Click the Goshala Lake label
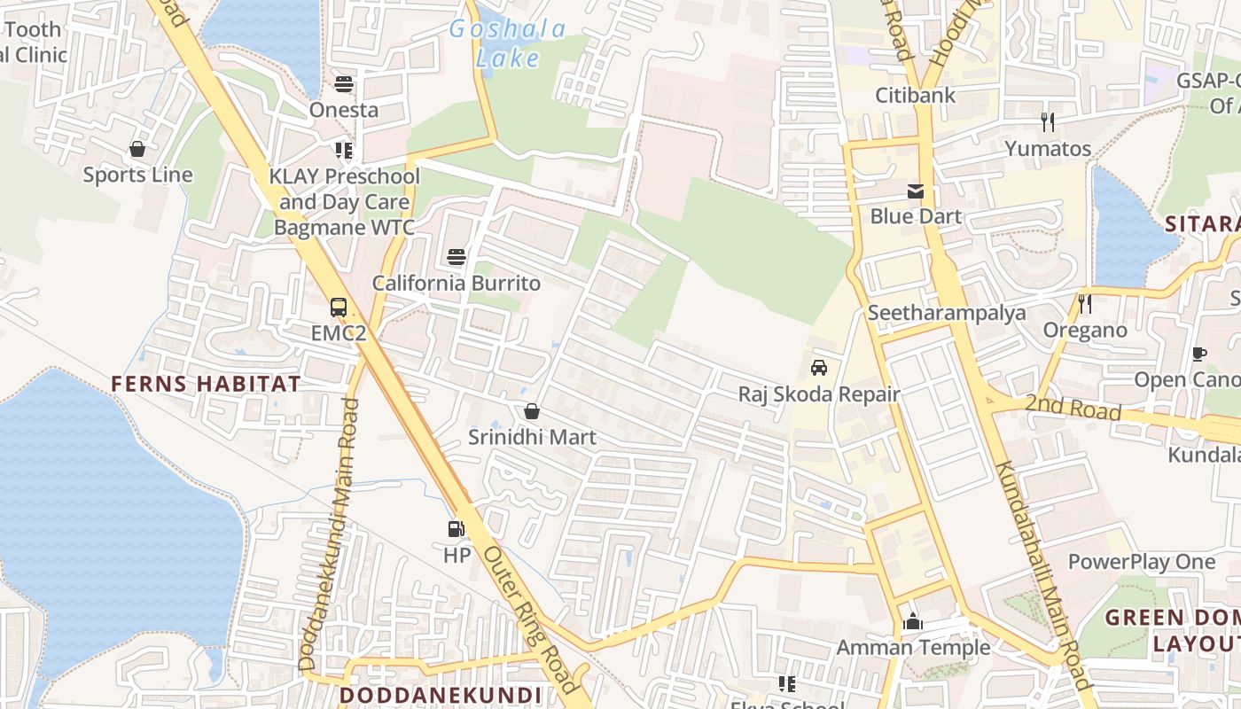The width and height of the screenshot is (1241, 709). pyautogui.click(x=507, y=43)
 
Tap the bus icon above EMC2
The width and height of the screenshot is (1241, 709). pyautogui.click(x=339, y=308)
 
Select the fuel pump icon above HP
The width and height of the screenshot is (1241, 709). pyautogui.click(x=457, y=529)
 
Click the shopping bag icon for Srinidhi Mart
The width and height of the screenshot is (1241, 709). pyautogui.click(x=532, y=411)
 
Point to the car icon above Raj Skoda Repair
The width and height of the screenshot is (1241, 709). pyautogui.click(x=819, y=368)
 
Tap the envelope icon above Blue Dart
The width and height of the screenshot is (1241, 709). pyautogui.click(x=916, y=191)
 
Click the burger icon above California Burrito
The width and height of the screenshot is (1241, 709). pyautogui.click(x=457, y=257)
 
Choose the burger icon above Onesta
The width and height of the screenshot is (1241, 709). pyautogui.click(x=344, y=84)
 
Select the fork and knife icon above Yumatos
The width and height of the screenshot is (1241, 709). pyautogui.click(x=1048, y=121)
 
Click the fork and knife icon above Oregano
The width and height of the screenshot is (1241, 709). pyautogui.click(x=1085, y=304)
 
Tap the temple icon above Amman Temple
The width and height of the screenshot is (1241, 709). pyautogui.click(x=913, y=621)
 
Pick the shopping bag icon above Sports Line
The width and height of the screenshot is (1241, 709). pyautogui.click(x=137, y=148)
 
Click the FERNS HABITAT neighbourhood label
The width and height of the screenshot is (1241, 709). pyautogui.click(x=206, y=384)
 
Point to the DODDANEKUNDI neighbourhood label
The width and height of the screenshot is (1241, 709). pyautogui.click(x=440, y=695)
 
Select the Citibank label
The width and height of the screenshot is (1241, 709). pyautogui.click(x=916, y=95)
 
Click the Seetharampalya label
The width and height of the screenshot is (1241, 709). pyautogui.click(x=947, y=313)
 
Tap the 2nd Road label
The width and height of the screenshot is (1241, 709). pyautogui.click(x=1073, y=409)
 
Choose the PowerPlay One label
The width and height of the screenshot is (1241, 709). pyautogui.click(x=1142, y=562)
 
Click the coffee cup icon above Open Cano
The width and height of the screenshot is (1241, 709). pyautogui.click(x=1199, y=354)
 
